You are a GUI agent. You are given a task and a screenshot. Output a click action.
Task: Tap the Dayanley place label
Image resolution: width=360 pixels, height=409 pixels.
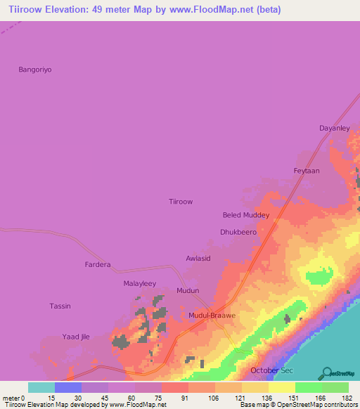point(334,129)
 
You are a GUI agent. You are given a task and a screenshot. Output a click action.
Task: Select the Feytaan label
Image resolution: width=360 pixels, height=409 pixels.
point(307,171)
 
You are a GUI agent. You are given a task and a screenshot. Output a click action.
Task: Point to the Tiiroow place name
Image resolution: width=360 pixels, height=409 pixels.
point(181,202)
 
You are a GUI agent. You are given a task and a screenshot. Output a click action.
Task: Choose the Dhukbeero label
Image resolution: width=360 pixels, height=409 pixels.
point(238,231)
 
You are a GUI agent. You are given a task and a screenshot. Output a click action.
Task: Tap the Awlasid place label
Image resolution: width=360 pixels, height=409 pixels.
point(198,259)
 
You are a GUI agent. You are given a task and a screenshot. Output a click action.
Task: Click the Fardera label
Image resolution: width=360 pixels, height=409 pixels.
point(98,265)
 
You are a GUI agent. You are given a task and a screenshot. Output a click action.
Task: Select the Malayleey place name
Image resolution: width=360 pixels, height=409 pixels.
point(139,283)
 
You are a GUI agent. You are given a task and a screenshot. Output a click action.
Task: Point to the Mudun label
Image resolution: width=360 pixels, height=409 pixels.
point(188,290)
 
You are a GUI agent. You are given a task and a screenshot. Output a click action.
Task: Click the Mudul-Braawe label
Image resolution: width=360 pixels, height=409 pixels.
point(212,316)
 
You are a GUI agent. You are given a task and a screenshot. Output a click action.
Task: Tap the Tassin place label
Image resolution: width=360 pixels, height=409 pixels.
point(60,306)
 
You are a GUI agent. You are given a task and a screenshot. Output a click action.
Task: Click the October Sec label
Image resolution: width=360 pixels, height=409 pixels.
point(271,370)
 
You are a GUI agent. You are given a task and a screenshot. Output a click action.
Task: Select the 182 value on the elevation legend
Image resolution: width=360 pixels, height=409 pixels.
point(347,398)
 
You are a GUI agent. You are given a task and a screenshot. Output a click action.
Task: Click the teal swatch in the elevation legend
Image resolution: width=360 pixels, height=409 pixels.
point(41,387)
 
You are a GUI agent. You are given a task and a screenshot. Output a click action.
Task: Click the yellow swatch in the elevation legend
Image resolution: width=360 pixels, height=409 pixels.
point(281,387)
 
